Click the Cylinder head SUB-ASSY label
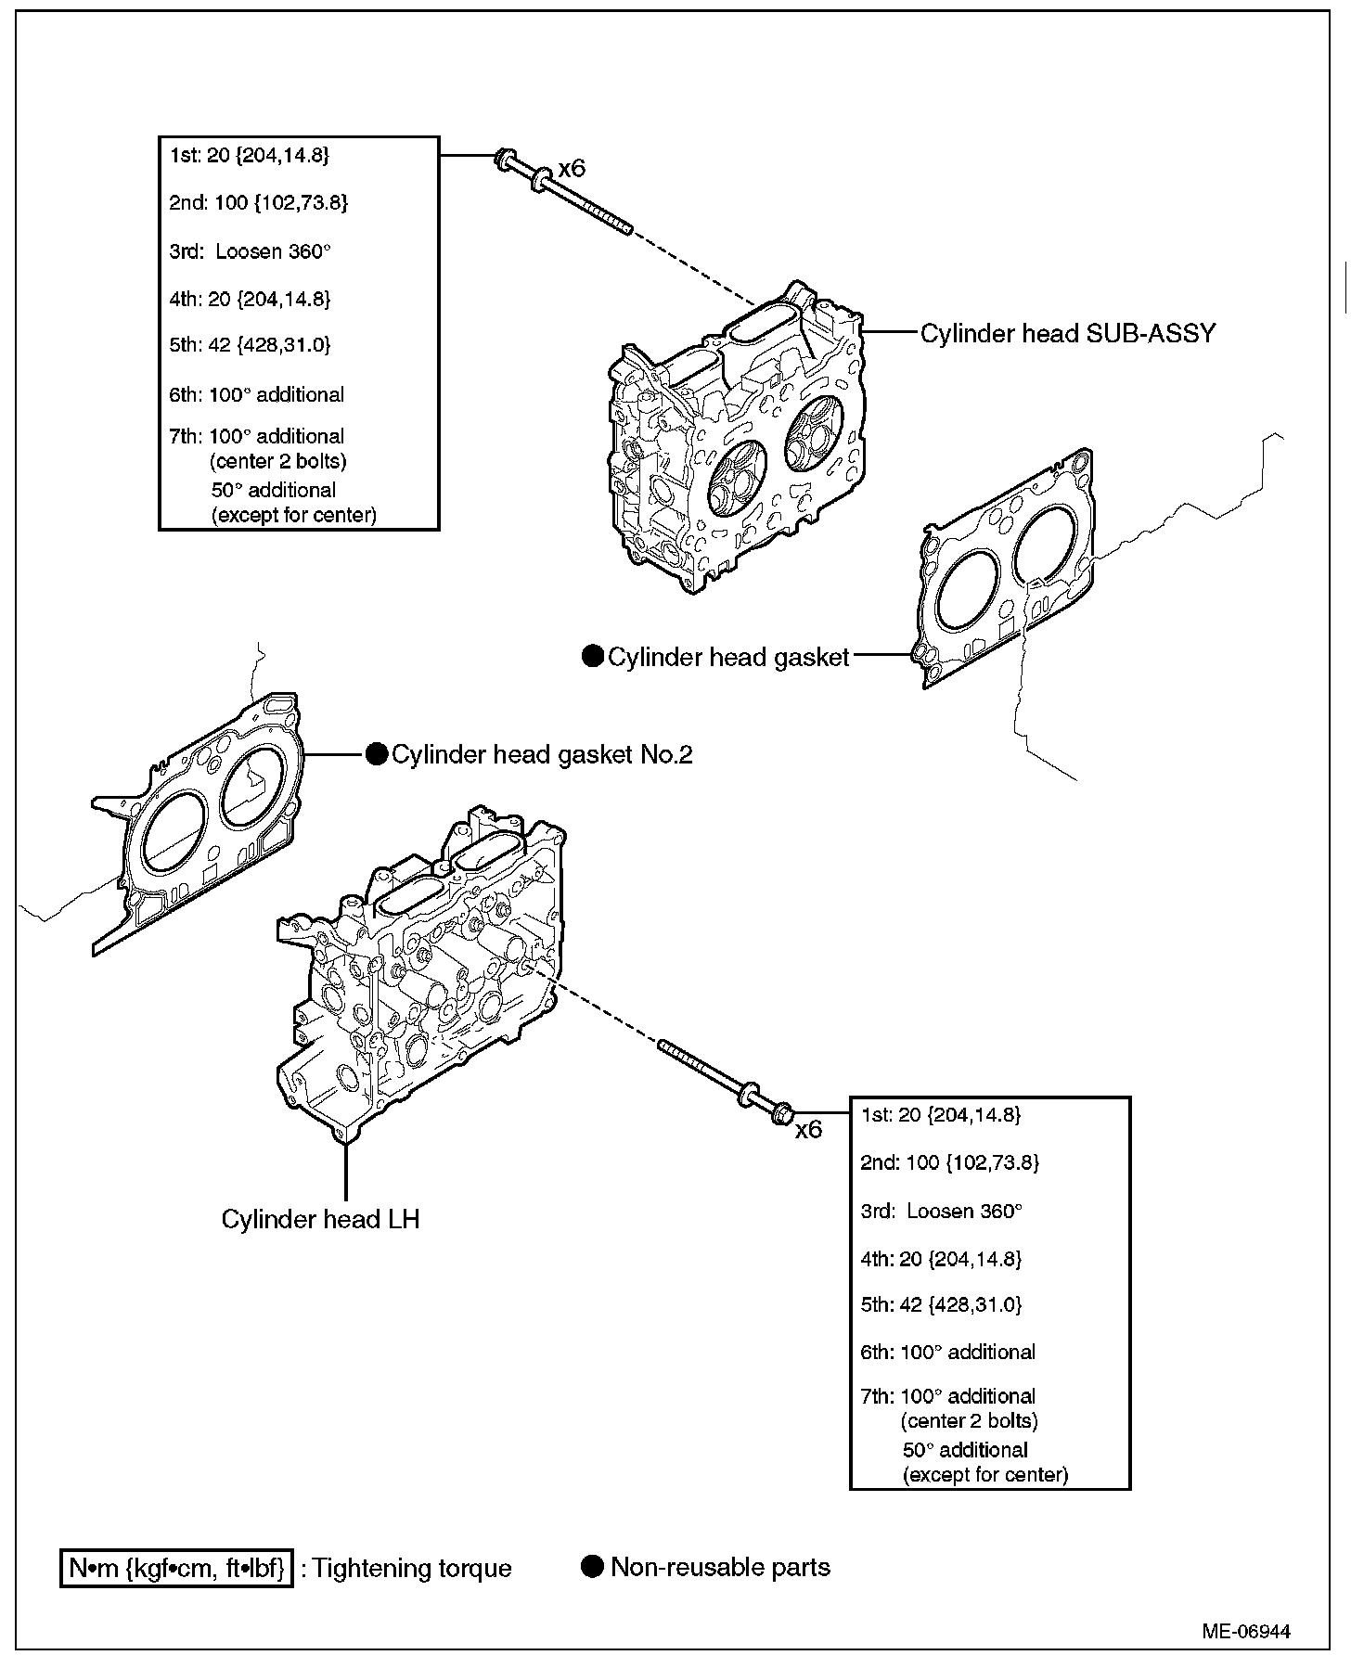pyautogui.click(x=1067, y=333)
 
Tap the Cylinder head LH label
pyautogui.click(x=320, y=1218)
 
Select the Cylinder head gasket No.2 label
pyautogui.click(x=542, y=754)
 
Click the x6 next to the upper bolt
pyautogui.click(x=572, y=169)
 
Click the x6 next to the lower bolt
pyautogui.click(x=809, y=1129)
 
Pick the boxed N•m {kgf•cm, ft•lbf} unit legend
pyautogui.click(x=176, y=1568)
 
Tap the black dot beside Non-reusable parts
pyautogui.click(x=592, y=1567)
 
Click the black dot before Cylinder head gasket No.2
pyautogui.click(x=376, y=754)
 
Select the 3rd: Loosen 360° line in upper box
pyautogui.click(x=250, y=251)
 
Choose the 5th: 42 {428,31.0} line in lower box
pyautogui.click(x=941, y=1304)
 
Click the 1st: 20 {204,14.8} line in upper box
pyautogui.click(x=249, y=155)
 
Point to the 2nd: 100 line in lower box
pyautogui.click(x=949, y=1162)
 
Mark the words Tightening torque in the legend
pyautogui.click(x=412, y=1568)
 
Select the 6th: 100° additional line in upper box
pyautogui.click(x=256, y=394)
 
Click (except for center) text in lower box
pyautogui.click(x=985, y=1474)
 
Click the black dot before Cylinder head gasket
pyautogui.click(x=592, y=657)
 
